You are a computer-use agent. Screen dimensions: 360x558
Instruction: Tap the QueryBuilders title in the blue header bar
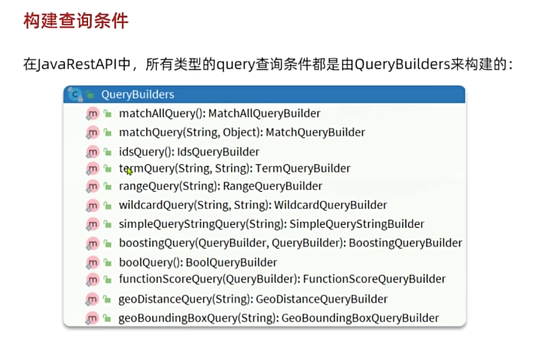click(137, 94)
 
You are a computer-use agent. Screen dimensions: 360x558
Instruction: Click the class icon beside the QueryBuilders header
click(74, 94)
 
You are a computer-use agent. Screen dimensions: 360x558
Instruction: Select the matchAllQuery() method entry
click(161, 114)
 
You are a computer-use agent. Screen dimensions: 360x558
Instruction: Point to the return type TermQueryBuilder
click(303, 169)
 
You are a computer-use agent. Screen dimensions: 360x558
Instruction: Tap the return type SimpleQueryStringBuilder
click(356, 224)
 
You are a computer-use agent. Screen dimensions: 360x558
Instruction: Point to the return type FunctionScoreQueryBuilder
click(374, 279)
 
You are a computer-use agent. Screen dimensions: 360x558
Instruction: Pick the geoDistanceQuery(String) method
click(185, 299)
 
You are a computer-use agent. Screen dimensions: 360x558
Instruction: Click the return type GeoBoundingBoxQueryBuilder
click(361, 318)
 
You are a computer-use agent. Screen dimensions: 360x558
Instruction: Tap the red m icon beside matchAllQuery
click(93, 114)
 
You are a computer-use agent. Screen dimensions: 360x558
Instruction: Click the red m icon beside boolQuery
click(93, 262)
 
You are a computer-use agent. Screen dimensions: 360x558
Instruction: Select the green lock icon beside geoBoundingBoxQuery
click(108, 318)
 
